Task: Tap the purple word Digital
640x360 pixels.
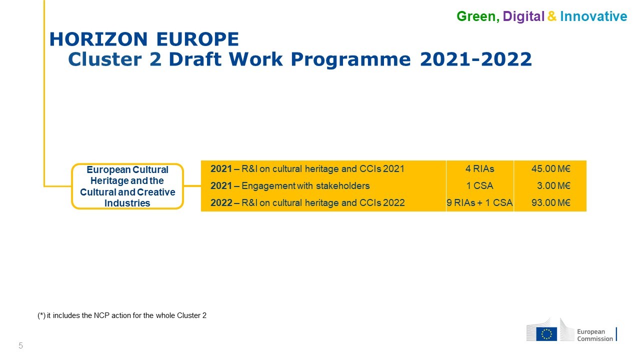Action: (x=523, y=17)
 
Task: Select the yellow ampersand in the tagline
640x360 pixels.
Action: (x=552, y=16)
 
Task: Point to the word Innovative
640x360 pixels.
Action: (x=593, y=16)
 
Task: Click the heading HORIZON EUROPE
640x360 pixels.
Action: (x=144, y=39)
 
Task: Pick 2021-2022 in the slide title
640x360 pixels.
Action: (x=476, y=59)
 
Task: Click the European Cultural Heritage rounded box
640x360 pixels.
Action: (x=127, y=186)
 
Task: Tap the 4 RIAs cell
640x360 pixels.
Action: (x=479, y=169)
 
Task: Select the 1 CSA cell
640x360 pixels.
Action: (x=479, y=185)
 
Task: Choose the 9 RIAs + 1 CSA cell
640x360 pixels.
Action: (x=479, y=203)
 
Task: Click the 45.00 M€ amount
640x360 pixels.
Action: (x=551, y=169)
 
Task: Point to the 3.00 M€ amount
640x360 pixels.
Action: (x=553, y=185)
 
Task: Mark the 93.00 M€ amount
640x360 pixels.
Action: (x=551, y=203)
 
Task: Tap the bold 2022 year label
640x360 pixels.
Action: (x=221, y=203)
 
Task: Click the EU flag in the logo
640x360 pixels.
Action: (x=546, y=334)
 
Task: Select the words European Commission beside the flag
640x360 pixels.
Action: (x=595, y=335)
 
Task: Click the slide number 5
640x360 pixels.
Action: (x=20, y=345)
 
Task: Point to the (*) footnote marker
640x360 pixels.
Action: (x=41, y=315)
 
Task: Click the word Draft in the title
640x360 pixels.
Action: (x=195, y=59)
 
